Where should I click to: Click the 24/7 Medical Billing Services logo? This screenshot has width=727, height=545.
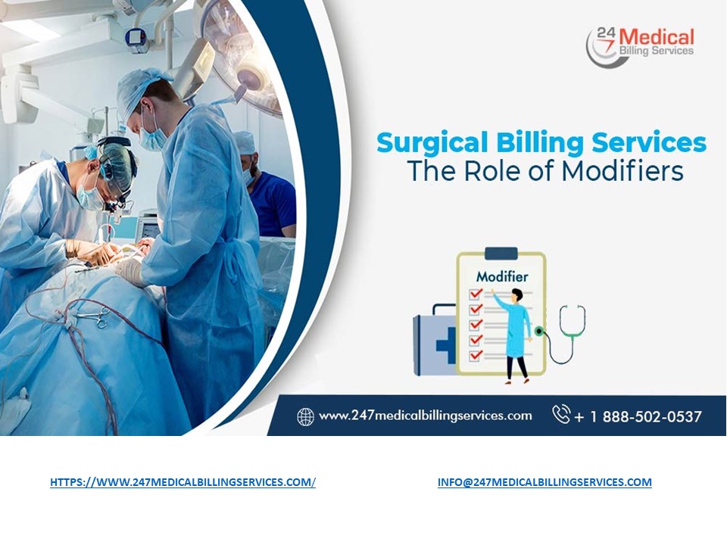[640, 45]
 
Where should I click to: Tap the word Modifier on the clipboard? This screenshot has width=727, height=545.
[501, 276]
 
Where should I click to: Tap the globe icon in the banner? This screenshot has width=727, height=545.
[305, 416]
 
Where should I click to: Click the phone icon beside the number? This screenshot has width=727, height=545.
[560, 415]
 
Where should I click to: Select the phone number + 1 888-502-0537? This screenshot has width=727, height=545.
[638, 416]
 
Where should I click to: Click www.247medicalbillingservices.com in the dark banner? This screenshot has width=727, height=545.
[425, 416]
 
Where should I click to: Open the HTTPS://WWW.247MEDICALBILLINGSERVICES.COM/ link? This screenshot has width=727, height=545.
[183, 482]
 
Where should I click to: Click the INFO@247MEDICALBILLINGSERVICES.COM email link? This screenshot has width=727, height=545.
[544, 482]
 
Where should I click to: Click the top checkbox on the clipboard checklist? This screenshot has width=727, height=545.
[476, 294]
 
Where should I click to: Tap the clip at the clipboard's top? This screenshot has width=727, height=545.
[501, 254]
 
